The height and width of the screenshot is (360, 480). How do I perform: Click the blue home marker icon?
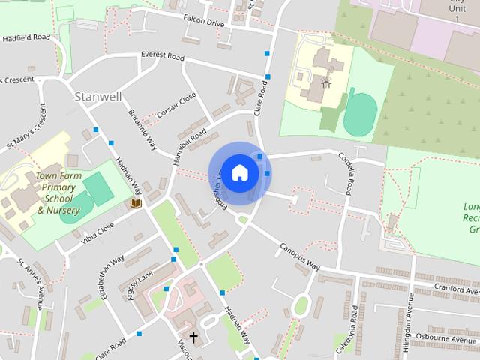pos(239,172)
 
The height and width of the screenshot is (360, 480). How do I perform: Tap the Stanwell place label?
pos(98,97)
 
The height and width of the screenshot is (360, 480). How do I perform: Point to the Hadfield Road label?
pos(25,37)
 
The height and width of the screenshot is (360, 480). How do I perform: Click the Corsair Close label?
pos(176,105)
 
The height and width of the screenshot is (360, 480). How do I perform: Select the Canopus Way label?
pos(301,256)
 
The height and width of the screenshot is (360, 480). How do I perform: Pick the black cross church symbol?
pos(193,337)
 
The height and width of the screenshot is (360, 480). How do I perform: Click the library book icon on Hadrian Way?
pos(136,203)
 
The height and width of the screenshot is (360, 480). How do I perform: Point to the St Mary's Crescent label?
pos(27,130)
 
